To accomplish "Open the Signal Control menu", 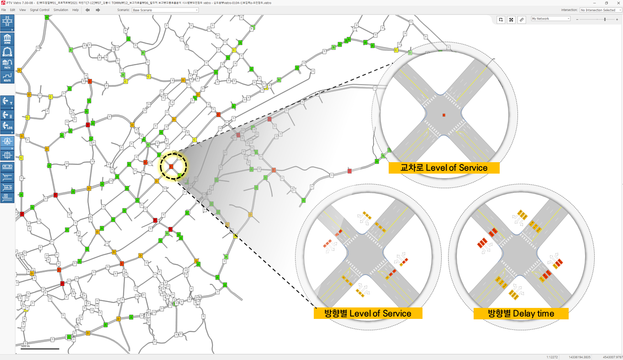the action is (x=40, y=10).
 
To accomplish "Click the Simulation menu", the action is (x=61, y=10).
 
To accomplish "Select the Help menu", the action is (x=75, y=10).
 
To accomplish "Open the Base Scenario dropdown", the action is (x=165, y=10).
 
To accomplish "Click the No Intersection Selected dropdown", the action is (x=601, y=10).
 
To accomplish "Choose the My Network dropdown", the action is (x=551, y=19).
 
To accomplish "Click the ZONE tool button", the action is (x=7, y=39).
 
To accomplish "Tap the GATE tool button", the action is (x=7, y=52).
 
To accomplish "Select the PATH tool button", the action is (x=7, y=64).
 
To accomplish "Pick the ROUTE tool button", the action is (x=7, y=77).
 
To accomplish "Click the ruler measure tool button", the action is (x=522, y=20).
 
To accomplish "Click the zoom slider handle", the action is (x=605, y=19).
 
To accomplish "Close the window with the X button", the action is (x=617, y=3).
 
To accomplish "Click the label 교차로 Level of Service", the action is (x=444, y=168).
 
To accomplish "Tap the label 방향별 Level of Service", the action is (x=368, y=313).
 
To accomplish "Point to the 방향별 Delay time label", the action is (x=521, y=313).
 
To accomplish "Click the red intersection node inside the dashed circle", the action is (x=171, y=167).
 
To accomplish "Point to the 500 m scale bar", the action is (x=40, y=349).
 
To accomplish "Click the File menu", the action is (x=4, y=10).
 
